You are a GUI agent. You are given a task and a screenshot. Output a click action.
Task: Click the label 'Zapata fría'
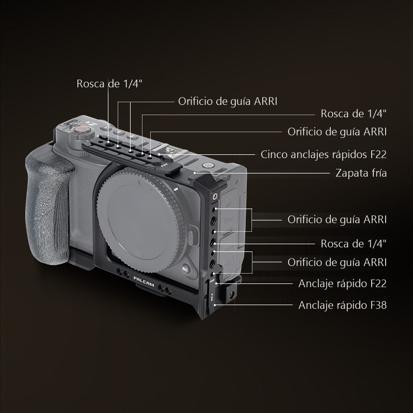click(x=361, y=173)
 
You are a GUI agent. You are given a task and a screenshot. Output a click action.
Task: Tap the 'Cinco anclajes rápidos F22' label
click(x=324, y=154)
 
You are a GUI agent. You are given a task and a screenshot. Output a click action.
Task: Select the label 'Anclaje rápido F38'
click(x=342, y=305)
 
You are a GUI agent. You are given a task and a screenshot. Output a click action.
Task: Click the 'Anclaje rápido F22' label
click(x=342, y=283)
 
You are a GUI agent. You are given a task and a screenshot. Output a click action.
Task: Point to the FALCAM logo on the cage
click(x=144, y=282)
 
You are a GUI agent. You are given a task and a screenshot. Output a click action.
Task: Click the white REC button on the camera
click(x=185, y=269)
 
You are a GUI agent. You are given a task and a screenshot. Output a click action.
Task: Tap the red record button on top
click(x=83, y=130)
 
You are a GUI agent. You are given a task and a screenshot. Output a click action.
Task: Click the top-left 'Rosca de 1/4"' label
click(x=109, y=84)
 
